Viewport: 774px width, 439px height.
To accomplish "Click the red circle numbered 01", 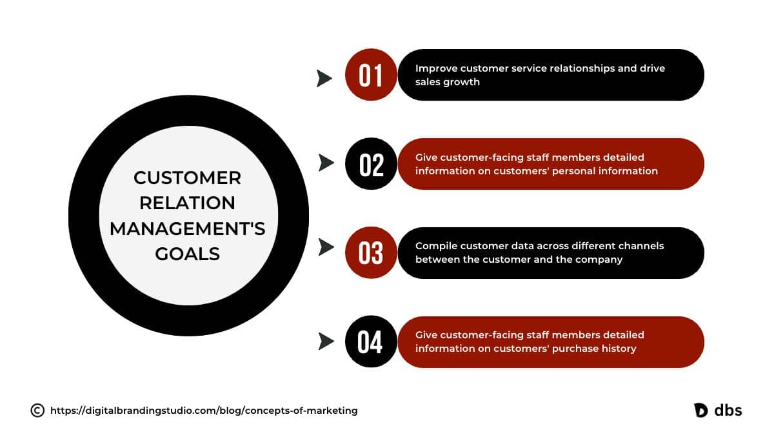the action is coord(371,75).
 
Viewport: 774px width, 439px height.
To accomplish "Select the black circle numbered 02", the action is coord(371,163).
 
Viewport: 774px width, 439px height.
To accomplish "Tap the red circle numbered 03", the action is coord(371,252).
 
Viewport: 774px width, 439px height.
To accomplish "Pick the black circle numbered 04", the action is coord(371,342).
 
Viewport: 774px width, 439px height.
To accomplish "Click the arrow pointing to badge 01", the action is coord(324,78).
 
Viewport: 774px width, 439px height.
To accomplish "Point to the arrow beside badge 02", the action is coord(326,163).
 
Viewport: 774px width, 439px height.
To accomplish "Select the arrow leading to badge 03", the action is coord(326,247).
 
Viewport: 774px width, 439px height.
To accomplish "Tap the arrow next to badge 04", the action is coord(326,341).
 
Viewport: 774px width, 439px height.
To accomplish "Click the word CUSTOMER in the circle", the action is coord(187,178).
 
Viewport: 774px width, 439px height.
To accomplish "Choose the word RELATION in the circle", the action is coord(187,203).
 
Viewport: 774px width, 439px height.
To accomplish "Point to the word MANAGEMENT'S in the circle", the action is coord(187,229).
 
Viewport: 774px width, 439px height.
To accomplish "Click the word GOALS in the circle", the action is coord(187,254).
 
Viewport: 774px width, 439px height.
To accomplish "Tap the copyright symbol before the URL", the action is coord(37,411).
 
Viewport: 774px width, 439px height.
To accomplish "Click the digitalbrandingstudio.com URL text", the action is coord(204,411).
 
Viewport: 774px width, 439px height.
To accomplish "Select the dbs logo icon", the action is coord(700,411).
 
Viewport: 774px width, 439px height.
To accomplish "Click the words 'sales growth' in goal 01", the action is coord(448,82).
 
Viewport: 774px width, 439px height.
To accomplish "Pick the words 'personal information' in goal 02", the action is coord(605,171).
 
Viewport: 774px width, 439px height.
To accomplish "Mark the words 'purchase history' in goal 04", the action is coord(594,349).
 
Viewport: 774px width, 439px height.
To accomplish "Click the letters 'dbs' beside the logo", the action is coord(728,410).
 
